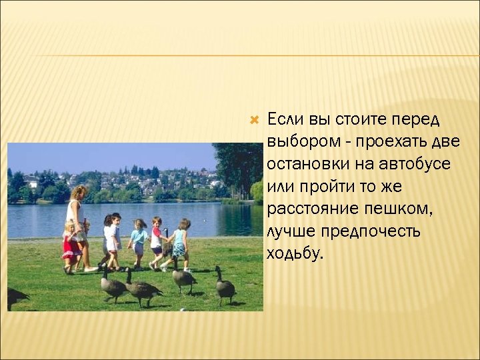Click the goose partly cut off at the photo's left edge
tap(15, 296)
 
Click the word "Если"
tap(286, 119)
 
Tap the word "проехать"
tap(389, 142)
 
